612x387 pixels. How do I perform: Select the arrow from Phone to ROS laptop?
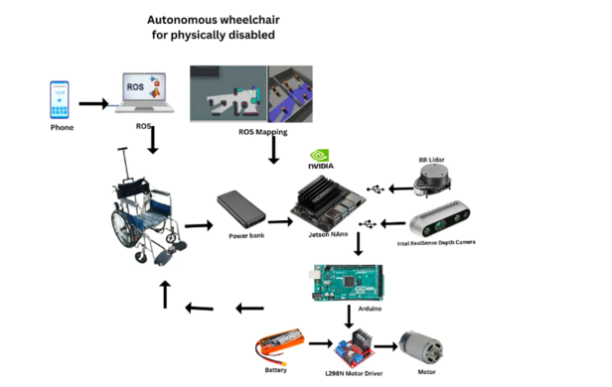pyautogui.click(x=93, y=102)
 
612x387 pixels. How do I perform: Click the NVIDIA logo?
pyautogui.click(x=321, y=156)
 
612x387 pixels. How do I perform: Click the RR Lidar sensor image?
pyautogui.click(x=437, y=183)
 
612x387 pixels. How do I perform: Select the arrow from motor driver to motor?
pyautogui.click(x=385, y=347)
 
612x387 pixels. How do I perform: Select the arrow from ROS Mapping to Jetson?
pyautogui.click(x=273, y=152)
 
